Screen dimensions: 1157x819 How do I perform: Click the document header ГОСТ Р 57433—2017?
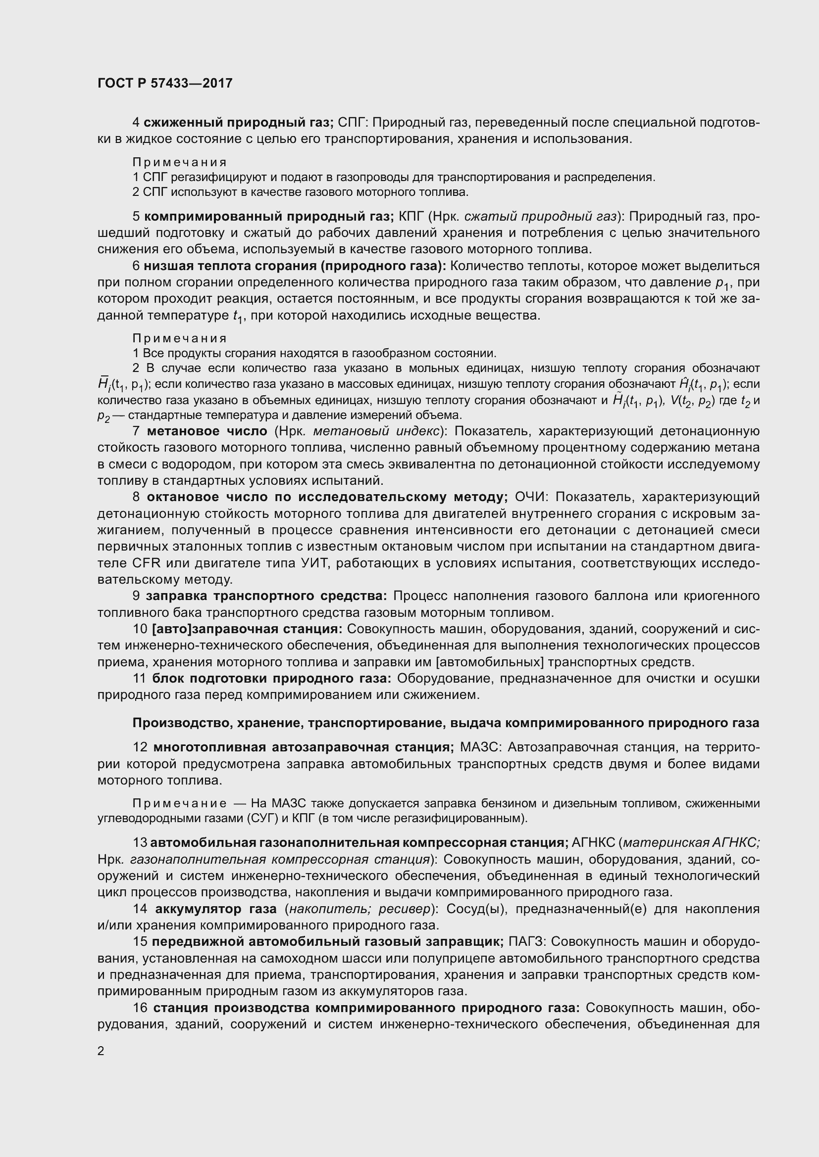165,83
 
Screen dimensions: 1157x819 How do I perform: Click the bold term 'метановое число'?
207,431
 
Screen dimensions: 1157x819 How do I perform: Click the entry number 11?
139,679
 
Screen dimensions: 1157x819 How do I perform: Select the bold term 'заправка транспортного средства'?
266,596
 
